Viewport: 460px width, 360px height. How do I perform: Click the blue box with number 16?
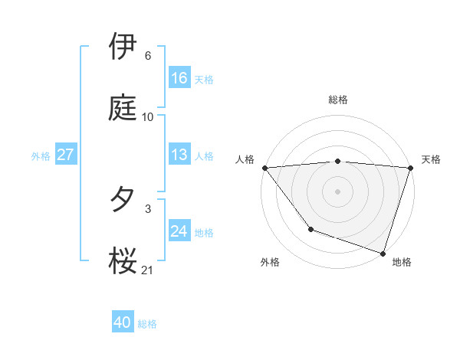point(179,78)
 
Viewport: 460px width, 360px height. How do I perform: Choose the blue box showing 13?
point(179,155)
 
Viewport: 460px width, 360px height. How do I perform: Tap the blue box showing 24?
point(179,231)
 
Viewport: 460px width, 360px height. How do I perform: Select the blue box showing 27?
point(65,155)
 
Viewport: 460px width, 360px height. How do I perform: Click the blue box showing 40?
point(123,323)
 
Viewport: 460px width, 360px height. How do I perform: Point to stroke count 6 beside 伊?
point(148,56)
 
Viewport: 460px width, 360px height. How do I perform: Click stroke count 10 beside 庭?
point(148,117)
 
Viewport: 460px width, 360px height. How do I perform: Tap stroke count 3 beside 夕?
point(148,208)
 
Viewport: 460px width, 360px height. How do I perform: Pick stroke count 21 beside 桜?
point(148,270)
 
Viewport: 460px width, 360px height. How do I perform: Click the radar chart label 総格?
point(338,100)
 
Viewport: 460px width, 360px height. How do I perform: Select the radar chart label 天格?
point(432,159)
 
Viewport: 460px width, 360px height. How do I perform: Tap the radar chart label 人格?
point(245,159)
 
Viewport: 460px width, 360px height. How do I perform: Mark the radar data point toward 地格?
point(383,253)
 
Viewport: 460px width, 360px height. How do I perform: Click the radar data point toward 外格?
point(310,229)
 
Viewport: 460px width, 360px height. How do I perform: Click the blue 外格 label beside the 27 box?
point(41,155)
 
